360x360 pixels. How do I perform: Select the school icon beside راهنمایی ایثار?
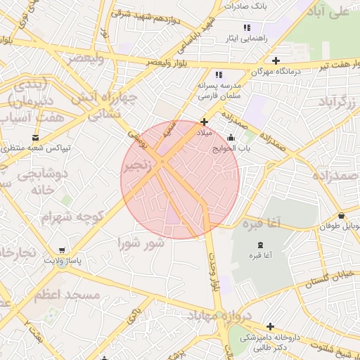coord(246,27)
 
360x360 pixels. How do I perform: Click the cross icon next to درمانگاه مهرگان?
coord(276,61)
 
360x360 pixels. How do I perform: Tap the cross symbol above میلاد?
coord(204,122)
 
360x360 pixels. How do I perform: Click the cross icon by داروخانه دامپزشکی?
coord(270,326)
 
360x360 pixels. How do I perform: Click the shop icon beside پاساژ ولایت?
coord(63,250)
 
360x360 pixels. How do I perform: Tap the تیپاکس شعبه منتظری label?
coord(37,148)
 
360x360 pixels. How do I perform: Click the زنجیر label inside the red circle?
coord(138,166)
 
